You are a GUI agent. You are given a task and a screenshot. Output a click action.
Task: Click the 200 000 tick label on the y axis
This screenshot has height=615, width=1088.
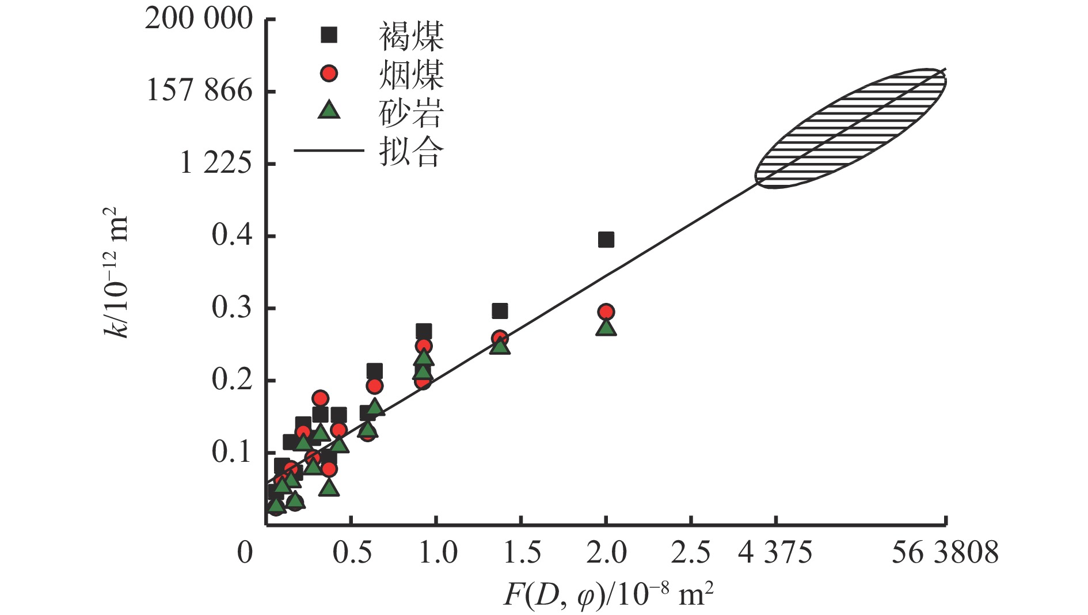pyautogui.click(x=199, y=19)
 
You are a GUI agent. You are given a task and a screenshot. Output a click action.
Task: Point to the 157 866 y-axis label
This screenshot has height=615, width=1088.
pyautogui.click(x=199, y=91)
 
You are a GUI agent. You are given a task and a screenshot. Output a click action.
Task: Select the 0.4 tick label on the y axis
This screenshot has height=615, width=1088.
pyautogui.click(x=232, y=236)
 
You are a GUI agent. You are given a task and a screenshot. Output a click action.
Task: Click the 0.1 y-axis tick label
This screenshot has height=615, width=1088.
pyautogui.click(x=232, y=453)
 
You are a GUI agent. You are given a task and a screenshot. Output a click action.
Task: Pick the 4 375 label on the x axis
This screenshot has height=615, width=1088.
pyautogui.click(x=775, y=553)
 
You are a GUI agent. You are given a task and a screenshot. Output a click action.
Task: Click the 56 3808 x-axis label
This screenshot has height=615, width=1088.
pyautogui.click(x=945, y=553)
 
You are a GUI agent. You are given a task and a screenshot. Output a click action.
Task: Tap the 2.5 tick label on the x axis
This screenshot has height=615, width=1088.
pyautogui.click(x=691, y=553)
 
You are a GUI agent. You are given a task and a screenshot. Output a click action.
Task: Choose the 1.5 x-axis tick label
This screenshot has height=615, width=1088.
pyautogui.click(x=522, y=553)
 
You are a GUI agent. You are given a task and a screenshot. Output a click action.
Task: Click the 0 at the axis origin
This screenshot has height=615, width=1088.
pyautogui.click(x=245, y=553)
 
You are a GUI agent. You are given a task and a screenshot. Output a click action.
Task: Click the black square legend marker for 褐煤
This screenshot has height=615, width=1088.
pyautogui.click(x=329, y=35)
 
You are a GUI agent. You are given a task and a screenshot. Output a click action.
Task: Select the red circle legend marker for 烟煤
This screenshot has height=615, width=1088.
pyautogui.click(x=329, y=73)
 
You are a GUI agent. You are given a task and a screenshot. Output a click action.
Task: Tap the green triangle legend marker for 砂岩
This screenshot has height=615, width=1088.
pyautogui.click(x=329, y=109)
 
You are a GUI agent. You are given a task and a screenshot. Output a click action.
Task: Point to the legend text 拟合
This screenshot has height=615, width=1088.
pyautogui.click(x=411, y=151)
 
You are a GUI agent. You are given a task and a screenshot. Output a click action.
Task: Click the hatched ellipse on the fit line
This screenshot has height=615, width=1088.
pyautogui.click(x=850, y=128)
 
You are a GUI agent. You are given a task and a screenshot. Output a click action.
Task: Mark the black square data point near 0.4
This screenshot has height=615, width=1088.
pyautogui.click(x=606, y=240)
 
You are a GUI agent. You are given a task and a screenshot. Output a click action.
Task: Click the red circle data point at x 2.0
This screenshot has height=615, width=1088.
pyautogui.click(x=606, y=312)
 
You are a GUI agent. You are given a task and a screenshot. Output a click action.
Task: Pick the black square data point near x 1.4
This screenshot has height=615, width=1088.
pyautogui.click(x=500, y=312)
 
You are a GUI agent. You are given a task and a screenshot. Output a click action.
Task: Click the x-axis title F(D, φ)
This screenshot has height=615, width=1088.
pyautogui.click(x=608, y=595)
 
